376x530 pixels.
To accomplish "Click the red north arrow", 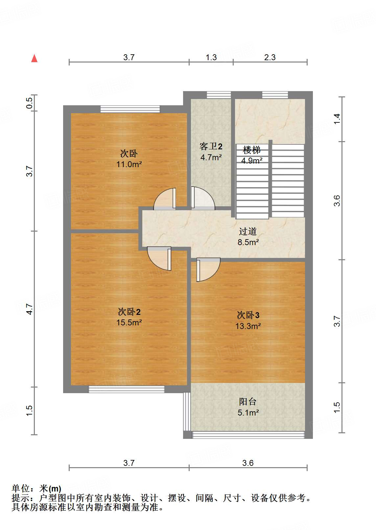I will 34,58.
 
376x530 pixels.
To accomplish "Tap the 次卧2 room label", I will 129,312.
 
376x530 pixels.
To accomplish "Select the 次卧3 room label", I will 248,315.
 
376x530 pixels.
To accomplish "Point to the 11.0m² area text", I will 129,164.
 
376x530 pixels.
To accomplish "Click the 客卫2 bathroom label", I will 211,146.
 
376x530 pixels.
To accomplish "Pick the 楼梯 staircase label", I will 252,150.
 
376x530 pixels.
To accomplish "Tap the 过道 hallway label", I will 248,232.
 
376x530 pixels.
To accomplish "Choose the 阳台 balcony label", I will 248,402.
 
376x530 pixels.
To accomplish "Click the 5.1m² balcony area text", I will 248,413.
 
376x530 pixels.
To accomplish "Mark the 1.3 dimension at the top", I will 211,57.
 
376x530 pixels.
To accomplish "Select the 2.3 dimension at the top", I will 270,57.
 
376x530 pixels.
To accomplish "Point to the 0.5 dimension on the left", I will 30,103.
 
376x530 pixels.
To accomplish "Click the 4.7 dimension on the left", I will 30,309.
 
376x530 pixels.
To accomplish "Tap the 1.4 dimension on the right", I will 337,119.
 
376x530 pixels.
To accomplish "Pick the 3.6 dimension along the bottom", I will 248,463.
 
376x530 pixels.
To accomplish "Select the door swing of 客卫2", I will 202,199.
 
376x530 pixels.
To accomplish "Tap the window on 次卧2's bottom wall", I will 127,390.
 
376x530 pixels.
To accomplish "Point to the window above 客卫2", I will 219,95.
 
